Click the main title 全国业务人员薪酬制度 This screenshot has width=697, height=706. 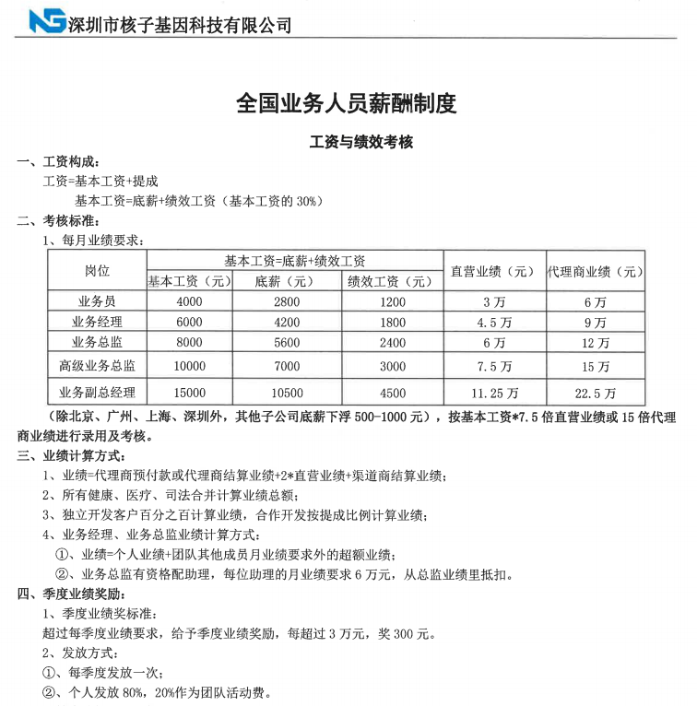pyautogui.click(x=347, y=103)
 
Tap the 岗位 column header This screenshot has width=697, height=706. pyautogui.click(x=97, y=271)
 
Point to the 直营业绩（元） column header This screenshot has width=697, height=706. pyautogui.click(x=493, y=271)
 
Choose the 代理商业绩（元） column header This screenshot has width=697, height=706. pyautogui.click(x=596, y=271)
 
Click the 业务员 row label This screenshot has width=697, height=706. pyautogui.click(x=97, y=302)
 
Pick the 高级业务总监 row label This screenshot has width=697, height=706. pyautogui.click(x=97, y=366)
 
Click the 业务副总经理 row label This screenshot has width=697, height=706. pyautogui.click(x=97, y=392)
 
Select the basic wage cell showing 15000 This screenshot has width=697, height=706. pyautogui.click(x=188, y=392)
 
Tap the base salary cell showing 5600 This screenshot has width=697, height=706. pyautogui.click(x=287, y=343)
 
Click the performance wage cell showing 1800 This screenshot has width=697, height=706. pyautogui.click(x=392, y=323)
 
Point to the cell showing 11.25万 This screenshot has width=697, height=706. pyautogui.click(x=493, y=392)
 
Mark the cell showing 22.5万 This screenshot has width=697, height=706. pyautogui.click(x=596, y=392)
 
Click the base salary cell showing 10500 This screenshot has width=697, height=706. pyautogui.click(x=287, y=392)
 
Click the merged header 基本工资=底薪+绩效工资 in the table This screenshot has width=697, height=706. pyautogui.click(x=294, y=261)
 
